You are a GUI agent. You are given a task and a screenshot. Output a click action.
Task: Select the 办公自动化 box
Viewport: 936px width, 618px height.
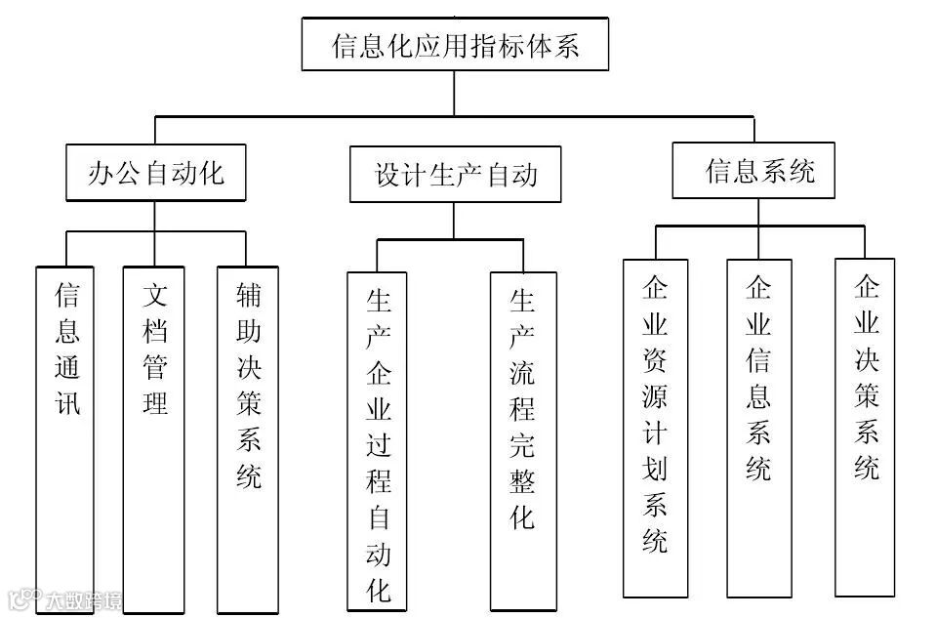click(155, 174)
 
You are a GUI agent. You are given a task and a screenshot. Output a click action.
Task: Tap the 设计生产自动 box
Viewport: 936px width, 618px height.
click(455, 175)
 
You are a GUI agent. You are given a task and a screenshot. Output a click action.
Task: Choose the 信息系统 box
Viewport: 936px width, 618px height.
click(753, 172)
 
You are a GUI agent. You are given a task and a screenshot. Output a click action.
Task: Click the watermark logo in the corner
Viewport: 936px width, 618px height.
click(63, 599)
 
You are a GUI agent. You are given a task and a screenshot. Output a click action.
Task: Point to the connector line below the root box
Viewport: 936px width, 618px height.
click(454, 94)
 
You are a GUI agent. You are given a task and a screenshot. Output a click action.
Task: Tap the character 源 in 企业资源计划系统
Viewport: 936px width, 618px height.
click(655, 395)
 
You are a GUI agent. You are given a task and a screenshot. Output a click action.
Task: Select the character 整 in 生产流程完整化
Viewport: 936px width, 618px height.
click(522, 479)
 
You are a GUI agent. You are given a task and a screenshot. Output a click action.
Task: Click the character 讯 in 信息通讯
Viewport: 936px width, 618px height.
click(66, 403)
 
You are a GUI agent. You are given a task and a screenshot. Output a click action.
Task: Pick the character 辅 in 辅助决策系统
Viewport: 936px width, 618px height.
click(248, 295)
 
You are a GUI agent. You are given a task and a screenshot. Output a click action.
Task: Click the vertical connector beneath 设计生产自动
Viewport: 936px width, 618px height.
click(454, 220)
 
